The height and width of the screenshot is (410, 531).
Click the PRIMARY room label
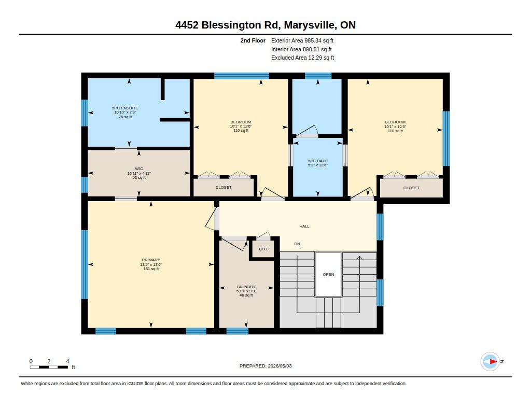pyautogui.click(x=151, y=260)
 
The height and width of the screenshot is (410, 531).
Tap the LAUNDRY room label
pyautogui.click(x=246, y=287)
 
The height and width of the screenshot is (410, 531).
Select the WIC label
pyautogui.click(x=139, y=168)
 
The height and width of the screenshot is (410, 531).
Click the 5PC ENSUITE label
pyautogui.click(x=125, y=108)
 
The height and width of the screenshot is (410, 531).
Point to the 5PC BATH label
pyautogui.click(x=318, y=161)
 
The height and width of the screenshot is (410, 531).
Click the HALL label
pyautogui.click(x=304, y=226)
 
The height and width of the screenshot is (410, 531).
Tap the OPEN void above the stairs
pyautogui.click(x=328, y=275)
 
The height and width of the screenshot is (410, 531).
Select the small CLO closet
pyautogui.click(x=263, y=249)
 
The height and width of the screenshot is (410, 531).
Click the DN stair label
pyautogui.click(x=297, y=244)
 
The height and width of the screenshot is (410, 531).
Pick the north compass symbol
pyautogui.click(x=491, y=362)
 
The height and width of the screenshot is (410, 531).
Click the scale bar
pyautogui.click(x=49, y=367)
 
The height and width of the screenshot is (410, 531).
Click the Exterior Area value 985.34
pyautogui.click(x=313, y=40)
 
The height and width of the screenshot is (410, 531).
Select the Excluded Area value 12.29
pyautogui.click(x=315, y=58)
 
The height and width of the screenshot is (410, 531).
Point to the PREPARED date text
pyautogui.click(x=265, y=366)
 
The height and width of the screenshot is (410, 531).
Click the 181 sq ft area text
pyautogui.click(x=151, y=269)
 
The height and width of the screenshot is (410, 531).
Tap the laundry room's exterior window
pyautogui.click(x=237, y=331)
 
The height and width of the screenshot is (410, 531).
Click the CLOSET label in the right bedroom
pyautogui.click(x=411, y=188)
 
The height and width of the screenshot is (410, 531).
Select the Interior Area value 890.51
pyautogui.click(x=311, y=49)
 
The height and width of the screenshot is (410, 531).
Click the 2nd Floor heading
pyautogui.click(x=253, y=40)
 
